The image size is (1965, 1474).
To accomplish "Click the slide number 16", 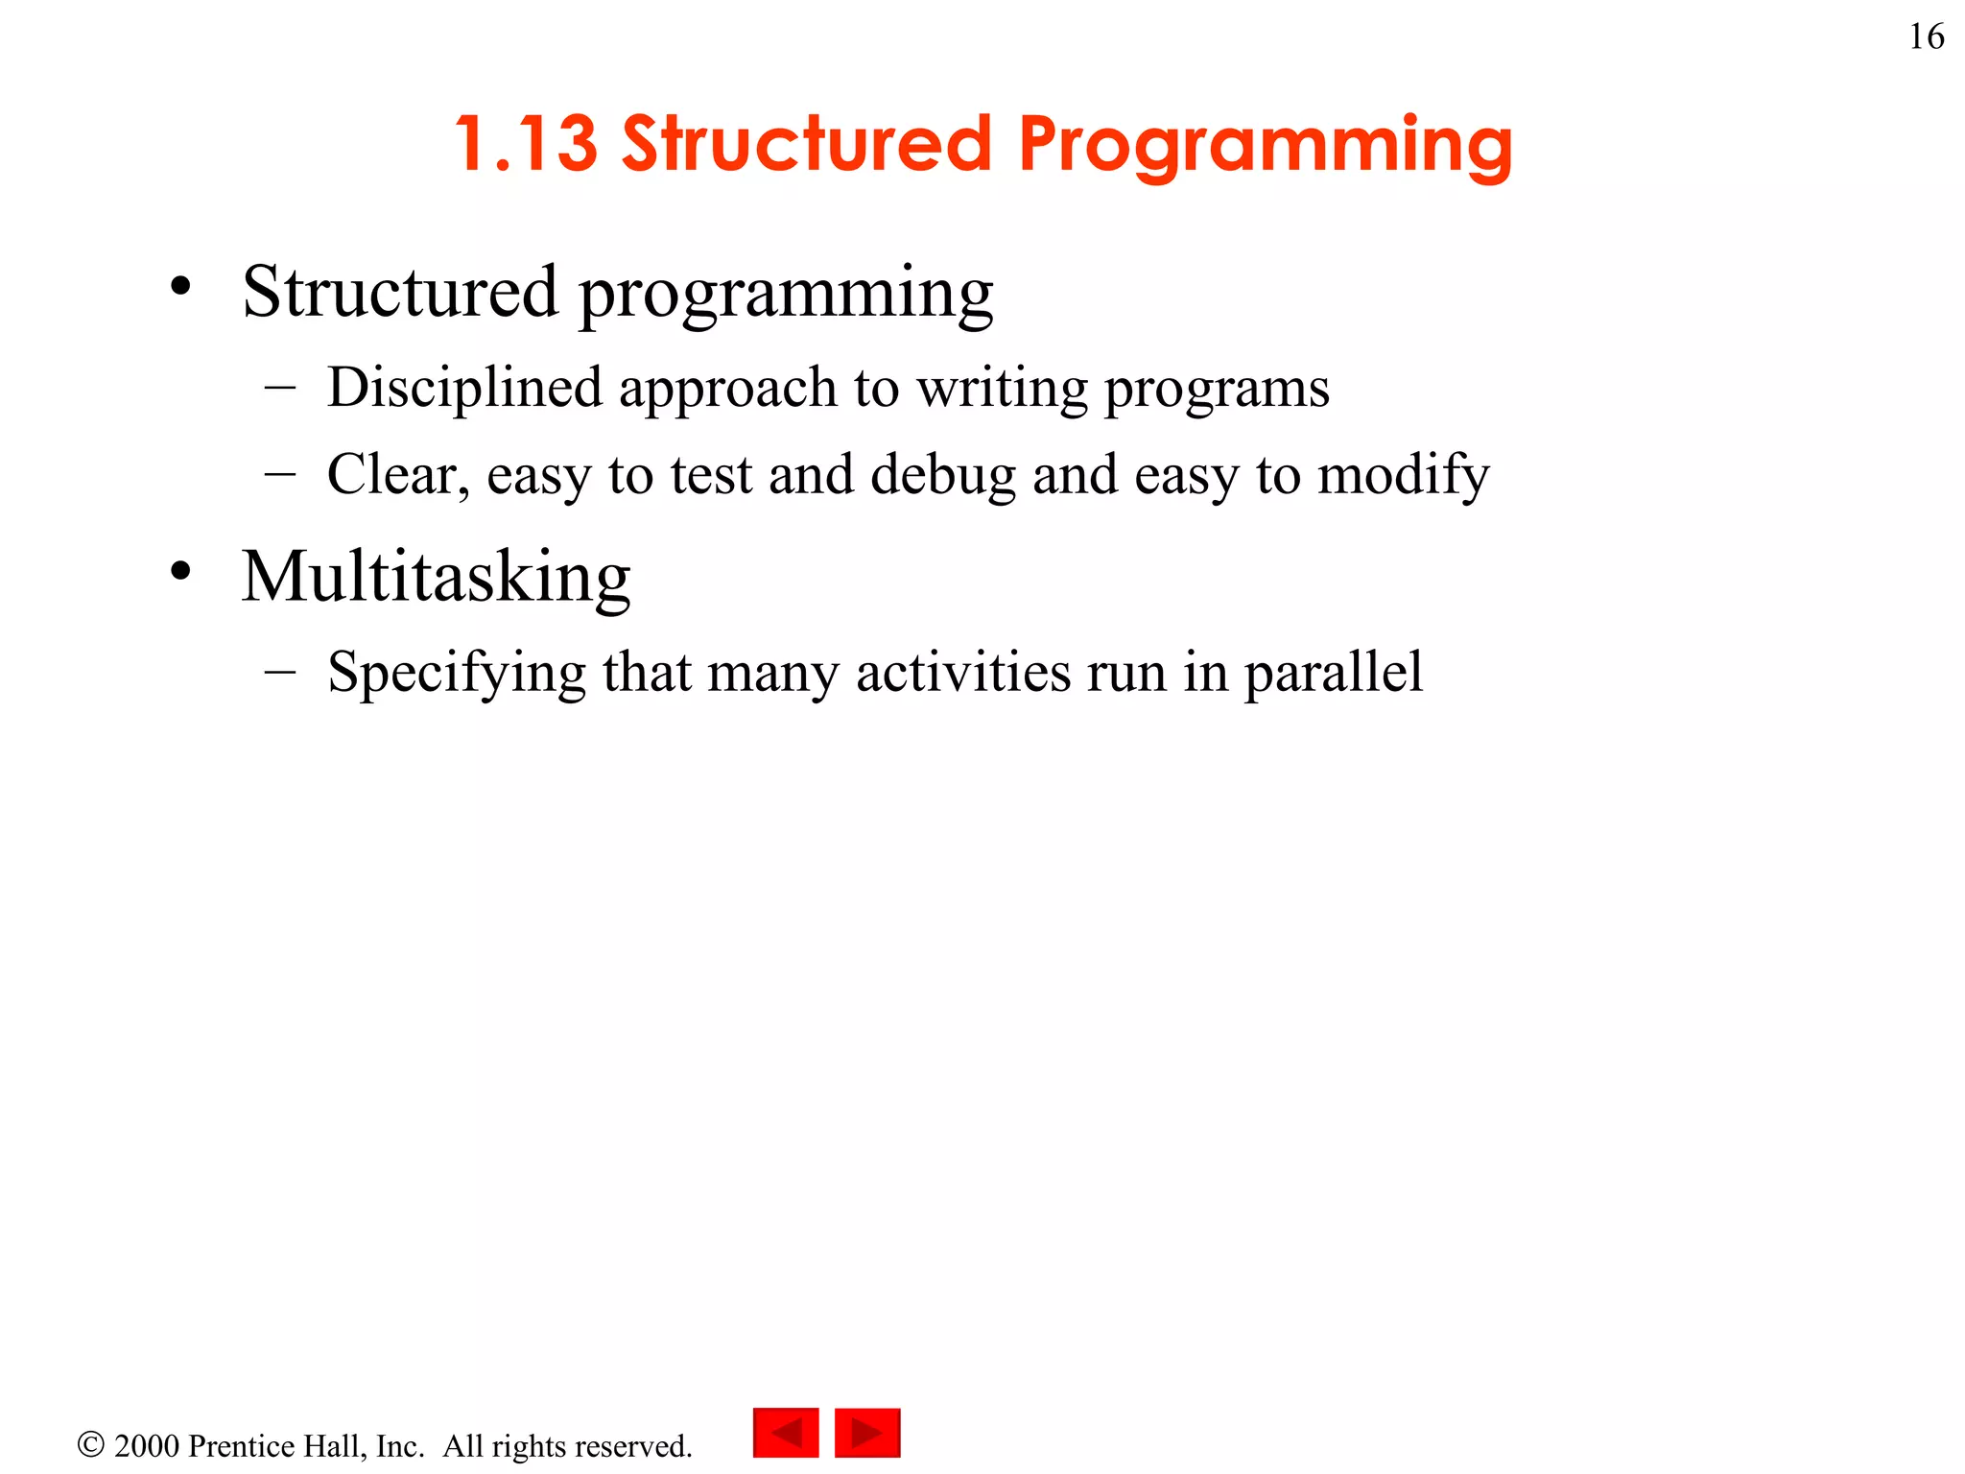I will [x=1926, y=37].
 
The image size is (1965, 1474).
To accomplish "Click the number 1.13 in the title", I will [x=526, y=144].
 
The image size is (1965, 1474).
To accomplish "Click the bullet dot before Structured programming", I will [x=180, y=286].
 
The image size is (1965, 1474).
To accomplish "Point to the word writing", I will [x=1001, y=388].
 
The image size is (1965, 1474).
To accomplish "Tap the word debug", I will [x=942, y=476].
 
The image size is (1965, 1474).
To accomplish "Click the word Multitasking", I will [x=436, y=578].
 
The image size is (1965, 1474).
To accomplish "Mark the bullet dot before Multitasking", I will [x=180, y=571].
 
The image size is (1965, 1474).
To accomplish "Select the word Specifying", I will [x=456, y=673].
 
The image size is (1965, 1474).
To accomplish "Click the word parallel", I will [x=1333, y=673].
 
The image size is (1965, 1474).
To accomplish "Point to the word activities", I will [x=962, y=672].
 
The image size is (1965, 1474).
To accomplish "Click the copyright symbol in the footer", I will [x=91, y=1444].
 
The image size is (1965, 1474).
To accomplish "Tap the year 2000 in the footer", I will [x=146, y=1446].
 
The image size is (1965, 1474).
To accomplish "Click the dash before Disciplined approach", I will [x=279, y=388].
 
